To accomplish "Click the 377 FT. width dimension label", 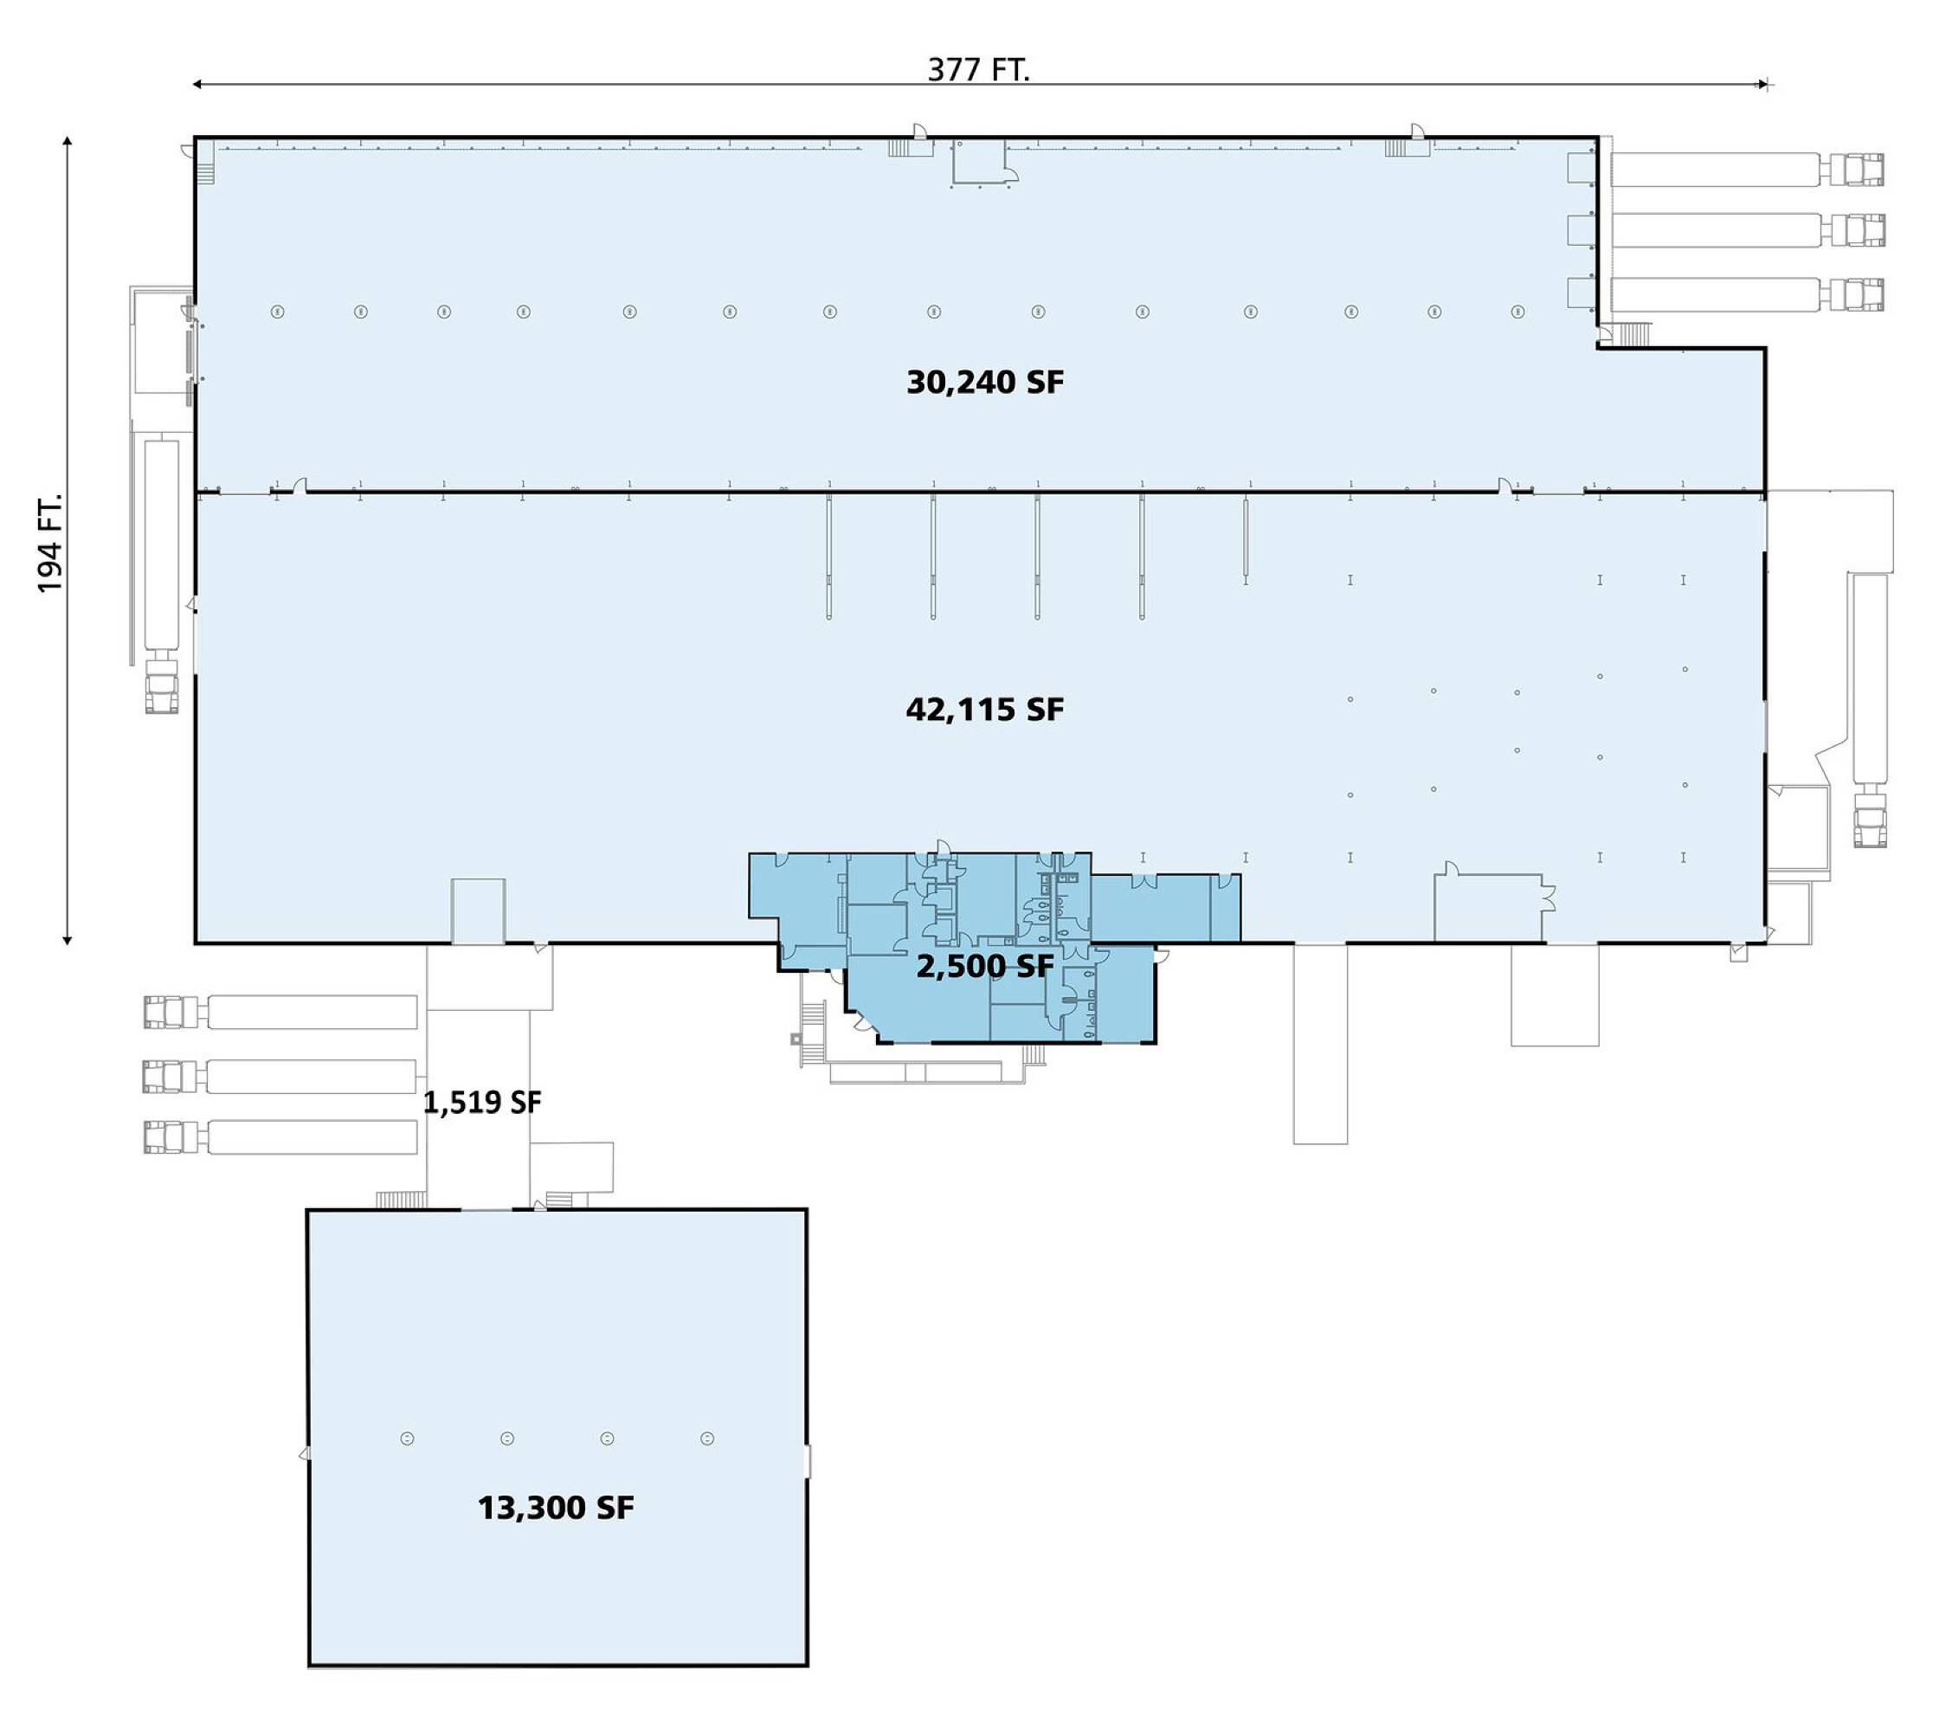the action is click(x=979, y=69).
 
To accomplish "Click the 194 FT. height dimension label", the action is click(x=49, y=543).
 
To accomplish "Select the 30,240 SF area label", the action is click(x=985, y=383).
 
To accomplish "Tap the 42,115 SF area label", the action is click(x=985, y=710).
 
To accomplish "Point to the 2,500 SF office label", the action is click(x=985, y=966).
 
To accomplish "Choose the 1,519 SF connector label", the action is click(x=482, y=1103).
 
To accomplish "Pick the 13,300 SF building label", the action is click(x=556, y=1508).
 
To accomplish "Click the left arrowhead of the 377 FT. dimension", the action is click(x=197, y=85).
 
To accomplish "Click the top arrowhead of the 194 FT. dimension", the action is click(x=68, y=142).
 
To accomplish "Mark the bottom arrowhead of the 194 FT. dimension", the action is click(x=68, y=941).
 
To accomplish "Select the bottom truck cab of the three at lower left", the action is click(x=172, y=1136).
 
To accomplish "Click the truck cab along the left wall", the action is click(x=162, y=683).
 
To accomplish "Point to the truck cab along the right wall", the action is click(x=1870, y=816).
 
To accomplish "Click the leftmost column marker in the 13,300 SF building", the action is click(x=407, y=1439).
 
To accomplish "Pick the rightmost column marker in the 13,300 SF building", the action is click(x=707, y=1439).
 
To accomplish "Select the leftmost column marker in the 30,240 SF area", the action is click(x=277, y=311).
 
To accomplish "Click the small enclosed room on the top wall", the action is click(x=980, y=162).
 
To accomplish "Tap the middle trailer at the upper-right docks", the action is click(x=1716, y=230).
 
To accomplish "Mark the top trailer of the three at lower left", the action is click(x=312, y=1012).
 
